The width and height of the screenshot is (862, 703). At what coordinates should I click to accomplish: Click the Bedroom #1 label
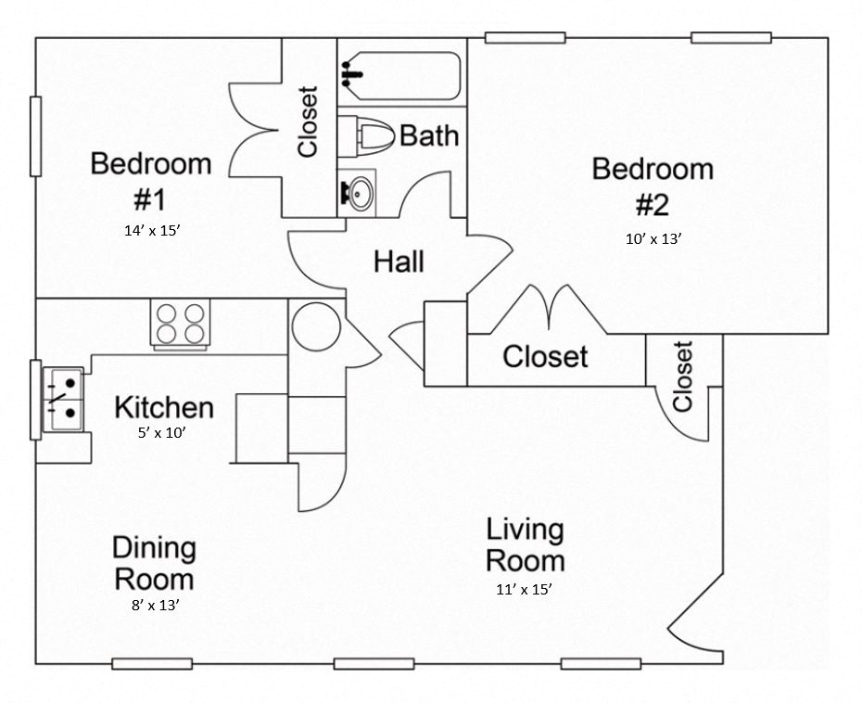coord(150,181)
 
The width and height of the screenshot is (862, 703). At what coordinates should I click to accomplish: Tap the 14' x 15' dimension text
coord(150,231)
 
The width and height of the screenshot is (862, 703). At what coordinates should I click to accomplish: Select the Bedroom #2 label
coord(653,185)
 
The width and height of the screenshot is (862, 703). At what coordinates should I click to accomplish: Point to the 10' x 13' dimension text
coord(653,238)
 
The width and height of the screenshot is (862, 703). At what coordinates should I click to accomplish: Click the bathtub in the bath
coord(401,76)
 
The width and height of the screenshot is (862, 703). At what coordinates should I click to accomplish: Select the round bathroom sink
coord(360,193)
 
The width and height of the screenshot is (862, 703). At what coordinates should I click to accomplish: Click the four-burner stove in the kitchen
coord(180,324)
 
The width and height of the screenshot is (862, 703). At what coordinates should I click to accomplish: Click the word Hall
coord(399,262)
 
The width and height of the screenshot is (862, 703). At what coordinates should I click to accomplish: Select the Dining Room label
coord(154,563)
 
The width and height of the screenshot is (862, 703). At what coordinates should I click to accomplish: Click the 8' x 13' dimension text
coord(154,605)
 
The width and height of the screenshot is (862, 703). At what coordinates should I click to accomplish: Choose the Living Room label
coord(525,545)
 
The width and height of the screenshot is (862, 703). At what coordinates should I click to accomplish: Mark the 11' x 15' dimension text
coord(525,588)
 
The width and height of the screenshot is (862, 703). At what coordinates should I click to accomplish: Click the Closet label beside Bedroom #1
coord(308,121)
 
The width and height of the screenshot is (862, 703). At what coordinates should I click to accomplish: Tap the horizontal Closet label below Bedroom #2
coord(545,356)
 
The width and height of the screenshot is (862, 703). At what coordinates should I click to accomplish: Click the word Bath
coord(429,135)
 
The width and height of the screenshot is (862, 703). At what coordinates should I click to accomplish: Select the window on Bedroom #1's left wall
coord(35,135)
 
